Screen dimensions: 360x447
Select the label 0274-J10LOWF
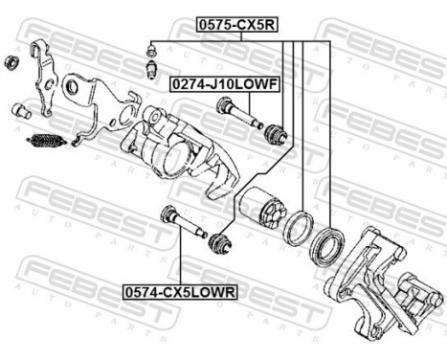coord(224,86)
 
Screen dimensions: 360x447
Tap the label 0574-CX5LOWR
coord(179,286)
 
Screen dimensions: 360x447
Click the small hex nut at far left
coord(12,63)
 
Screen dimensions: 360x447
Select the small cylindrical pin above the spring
coord(17,111)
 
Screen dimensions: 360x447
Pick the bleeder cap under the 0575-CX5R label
coord(151,48)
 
